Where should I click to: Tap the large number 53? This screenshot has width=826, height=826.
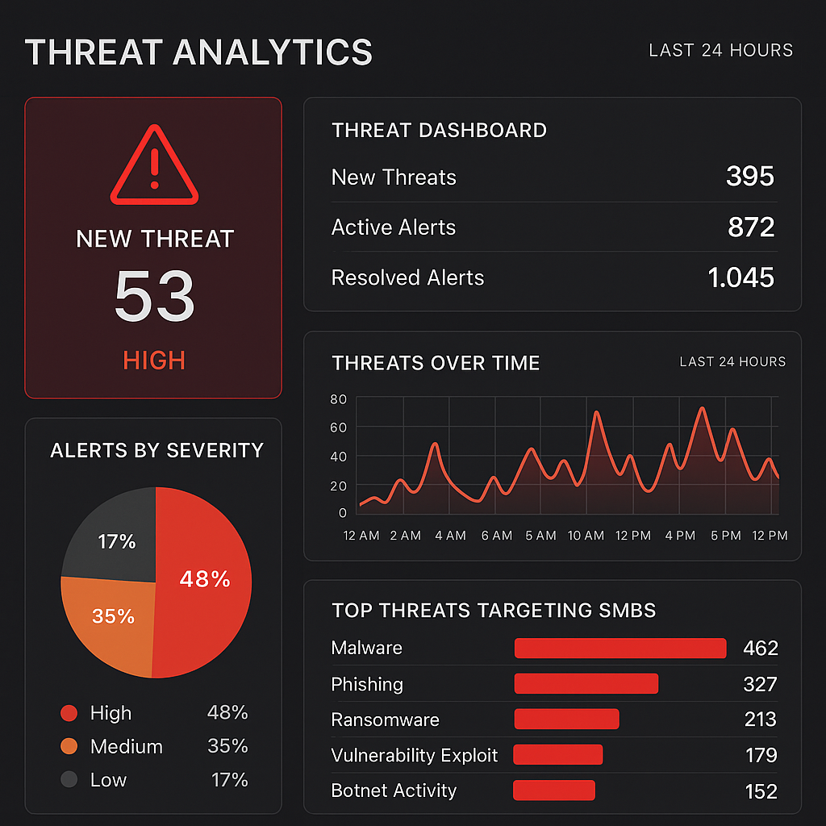pos(154,296)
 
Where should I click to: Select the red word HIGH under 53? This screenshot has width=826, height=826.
pos(154,360)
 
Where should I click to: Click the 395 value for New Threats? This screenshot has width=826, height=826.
pos(749,177)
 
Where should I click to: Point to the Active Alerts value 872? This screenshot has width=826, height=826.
pos(750,227)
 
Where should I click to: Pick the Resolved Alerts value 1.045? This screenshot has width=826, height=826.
pos(740,277)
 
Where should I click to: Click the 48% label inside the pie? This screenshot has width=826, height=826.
pos(204,579)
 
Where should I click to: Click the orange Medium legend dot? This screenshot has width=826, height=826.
pos(69,747)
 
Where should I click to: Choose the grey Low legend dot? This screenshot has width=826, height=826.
pos(69,780)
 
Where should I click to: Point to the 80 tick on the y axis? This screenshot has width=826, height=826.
pos(339,399)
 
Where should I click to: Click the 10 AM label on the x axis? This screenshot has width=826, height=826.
pos(586,536)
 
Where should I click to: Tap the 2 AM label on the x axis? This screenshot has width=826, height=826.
pos(405,536)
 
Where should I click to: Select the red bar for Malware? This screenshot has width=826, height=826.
pos(620,648)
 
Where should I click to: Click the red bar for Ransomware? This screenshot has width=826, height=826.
pos(566,719)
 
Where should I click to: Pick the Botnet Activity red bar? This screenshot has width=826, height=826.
pos(554,791)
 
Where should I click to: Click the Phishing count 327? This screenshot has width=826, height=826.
pos(760,685)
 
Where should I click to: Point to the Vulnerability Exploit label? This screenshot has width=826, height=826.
pos(415,755)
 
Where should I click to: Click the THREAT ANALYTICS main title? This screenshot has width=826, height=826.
pos(199,52)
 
